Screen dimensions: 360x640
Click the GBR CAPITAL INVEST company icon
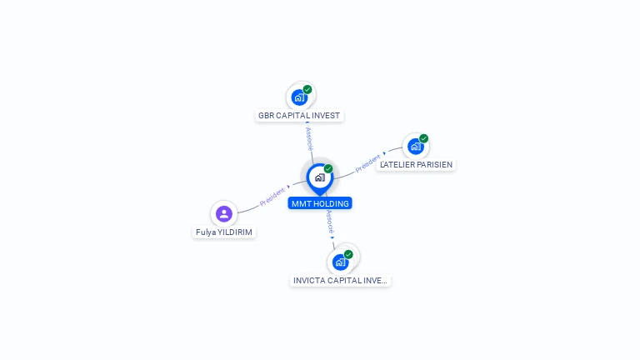pyautogui.click(x=299, y=97)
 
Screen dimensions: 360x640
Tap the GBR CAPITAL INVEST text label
pyautogui.click(x=299, y=116)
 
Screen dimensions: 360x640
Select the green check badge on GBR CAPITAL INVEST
pyautogui.click(x=307, y=89)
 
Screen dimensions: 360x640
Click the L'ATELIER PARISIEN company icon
pyautogui.click(x=415, y=147)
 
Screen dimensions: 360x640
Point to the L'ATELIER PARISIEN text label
pyautogui.click(x=416, y=165)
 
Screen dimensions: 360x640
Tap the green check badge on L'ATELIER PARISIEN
pyautogui.click(x=423, y=138)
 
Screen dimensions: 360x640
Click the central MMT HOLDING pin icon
pyautogui.click(x=319, y=177)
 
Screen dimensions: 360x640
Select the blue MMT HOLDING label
pyautogui.click(x=320, y=203)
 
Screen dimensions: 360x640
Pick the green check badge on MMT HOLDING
pyautogui.click(x=328, y=169)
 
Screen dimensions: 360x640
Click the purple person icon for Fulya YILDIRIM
pyautogui.click(x=223, y=214)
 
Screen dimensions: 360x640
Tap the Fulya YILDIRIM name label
pyautogui.click(x=224, y=232)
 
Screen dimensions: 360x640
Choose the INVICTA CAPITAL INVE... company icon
pyautogui.click(x=340, y=262)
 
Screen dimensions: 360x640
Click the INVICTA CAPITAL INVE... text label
pyautogui.click(x=340, y=281)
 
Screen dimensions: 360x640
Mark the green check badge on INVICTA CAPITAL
pyautogui.click(x=348, y=254)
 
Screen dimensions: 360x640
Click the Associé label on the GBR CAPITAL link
pyautogui.click(x=309, y=138)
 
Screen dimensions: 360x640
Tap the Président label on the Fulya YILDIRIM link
pyautogui.click(x=272, y=197)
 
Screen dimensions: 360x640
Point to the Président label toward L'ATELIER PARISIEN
pyautogui.click(x=367, y=163)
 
